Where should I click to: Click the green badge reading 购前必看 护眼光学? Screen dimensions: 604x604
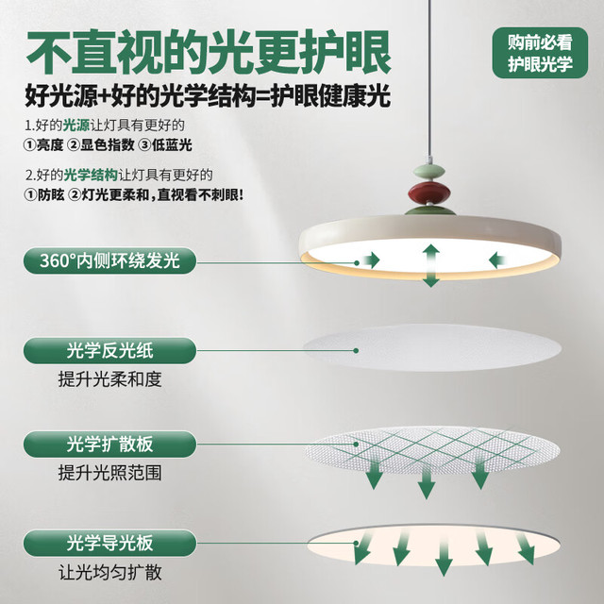pos(540,53)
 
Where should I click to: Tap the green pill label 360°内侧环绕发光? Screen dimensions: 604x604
pos(109,260)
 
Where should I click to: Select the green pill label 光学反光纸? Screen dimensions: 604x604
pos(109,350)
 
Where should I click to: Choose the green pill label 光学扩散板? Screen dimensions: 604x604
pos(109,444)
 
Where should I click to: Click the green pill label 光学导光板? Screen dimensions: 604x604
pos(109,543)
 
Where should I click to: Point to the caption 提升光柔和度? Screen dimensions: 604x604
pos(109,379)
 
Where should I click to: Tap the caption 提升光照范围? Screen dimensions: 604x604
pos(109,473)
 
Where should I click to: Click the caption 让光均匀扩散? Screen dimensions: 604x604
pos(109,572)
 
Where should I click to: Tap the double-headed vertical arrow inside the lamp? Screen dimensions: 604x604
pos(431,265)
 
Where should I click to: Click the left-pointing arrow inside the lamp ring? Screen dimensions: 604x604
pos(497,260)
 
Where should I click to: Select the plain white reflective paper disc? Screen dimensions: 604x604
pos(432,347)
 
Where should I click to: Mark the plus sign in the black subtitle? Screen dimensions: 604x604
pos(104,96)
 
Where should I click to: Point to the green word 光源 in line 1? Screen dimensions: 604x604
pos(75,125)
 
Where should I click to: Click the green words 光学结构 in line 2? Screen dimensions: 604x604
pos(91,175)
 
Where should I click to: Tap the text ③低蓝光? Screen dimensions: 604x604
pos(165,145)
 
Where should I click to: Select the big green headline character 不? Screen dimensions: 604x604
pos(49,53)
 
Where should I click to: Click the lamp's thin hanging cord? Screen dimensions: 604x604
pos(428,77)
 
